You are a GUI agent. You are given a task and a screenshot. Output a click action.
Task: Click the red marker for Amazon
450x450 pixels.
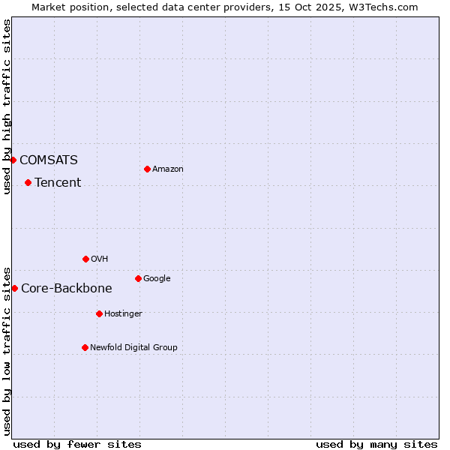click(x=147, y=169)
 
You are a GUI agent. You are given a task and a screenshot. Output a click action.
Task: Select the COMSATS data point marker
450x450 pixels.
click(x=13, y=160)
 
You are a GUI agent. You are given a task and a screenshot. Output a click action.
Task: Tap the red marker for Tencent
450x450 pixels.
click(x=28, y=182)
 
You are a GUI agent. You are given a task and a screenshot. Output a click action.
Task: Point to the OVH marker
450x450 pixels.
click(x=85, y=259)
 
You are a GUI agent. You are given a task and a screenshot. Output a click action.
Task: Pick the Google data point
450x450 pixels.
click(x=138, y=278)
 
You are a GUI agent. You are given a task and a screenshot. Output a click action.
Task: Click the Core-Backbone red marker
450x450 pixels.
click(x=14, y=288)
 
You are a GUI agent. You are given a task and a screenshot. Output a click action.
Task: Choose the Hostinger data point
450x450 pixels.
click(x=99, y=313)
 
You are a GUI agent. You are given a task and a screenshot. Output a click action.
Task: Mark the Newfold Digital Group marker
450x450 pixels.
click(x=85, y=347)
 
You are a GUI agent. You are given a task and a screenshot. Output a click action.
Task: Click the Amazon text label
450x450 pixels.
click(x=168, y=169)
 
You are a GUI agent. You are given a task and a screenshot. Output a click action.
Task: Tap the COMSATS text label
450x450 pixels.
click(x=49, y=160)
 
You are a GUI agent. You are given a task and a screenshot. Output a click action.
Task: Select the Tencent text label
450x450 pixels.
click(x=58, y=182)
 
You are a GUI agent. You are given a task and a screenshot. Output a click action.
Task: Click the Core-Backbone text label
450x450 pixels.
click(x=67, y=288)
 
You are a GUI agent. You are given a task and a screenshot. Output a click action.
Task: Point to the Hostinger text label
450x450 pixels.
click(x=123, y=313)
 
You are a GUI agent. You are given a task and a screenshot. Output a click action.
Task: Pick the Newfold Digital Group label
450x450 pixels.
click(x=133, y=347)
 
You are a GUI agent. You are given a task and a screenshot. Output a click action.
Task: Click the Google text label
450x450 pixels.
click(x=157, y=279)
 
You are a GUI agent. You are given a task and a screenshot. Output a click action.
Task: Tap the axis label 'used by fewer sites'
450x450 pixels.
click(x=77, y=444)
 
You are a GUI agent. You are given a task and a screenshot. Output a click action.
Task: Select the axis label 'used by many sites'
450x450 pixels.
click(x=376, y=444)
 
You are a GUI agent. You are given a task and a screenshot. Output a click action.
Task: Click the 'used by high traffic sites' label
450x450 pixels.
click(x=7, y=106)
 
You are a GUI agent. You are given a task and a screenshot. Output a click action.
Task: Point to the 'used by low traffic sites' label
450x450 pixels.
click(x=7, y=350)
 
